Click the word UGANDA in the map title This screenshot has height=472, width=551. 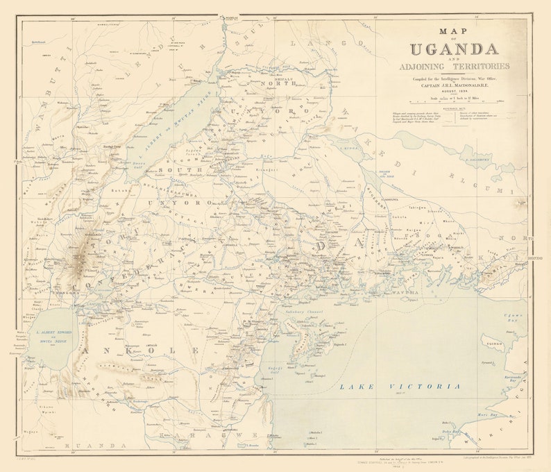pyautogui.click(x=454, y=49)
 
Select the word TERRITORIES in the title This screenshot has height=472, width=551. pyautogui.click(x=474, y=66)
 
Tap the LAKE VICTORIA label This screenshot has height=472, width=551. pyautogui.click(x=399, y=386)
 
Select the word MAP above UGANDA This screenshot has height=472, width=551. pyautogui.click(x=454, y=31)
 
